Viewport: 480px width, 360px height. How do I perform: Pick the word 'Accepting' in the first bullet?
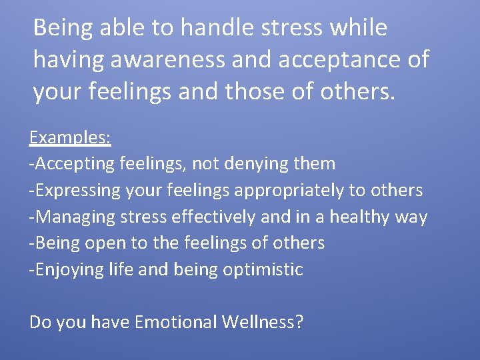click(x=77, y=163)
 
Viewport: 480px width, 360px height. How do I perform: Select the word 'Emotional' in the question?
click(x=175, y=323)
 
